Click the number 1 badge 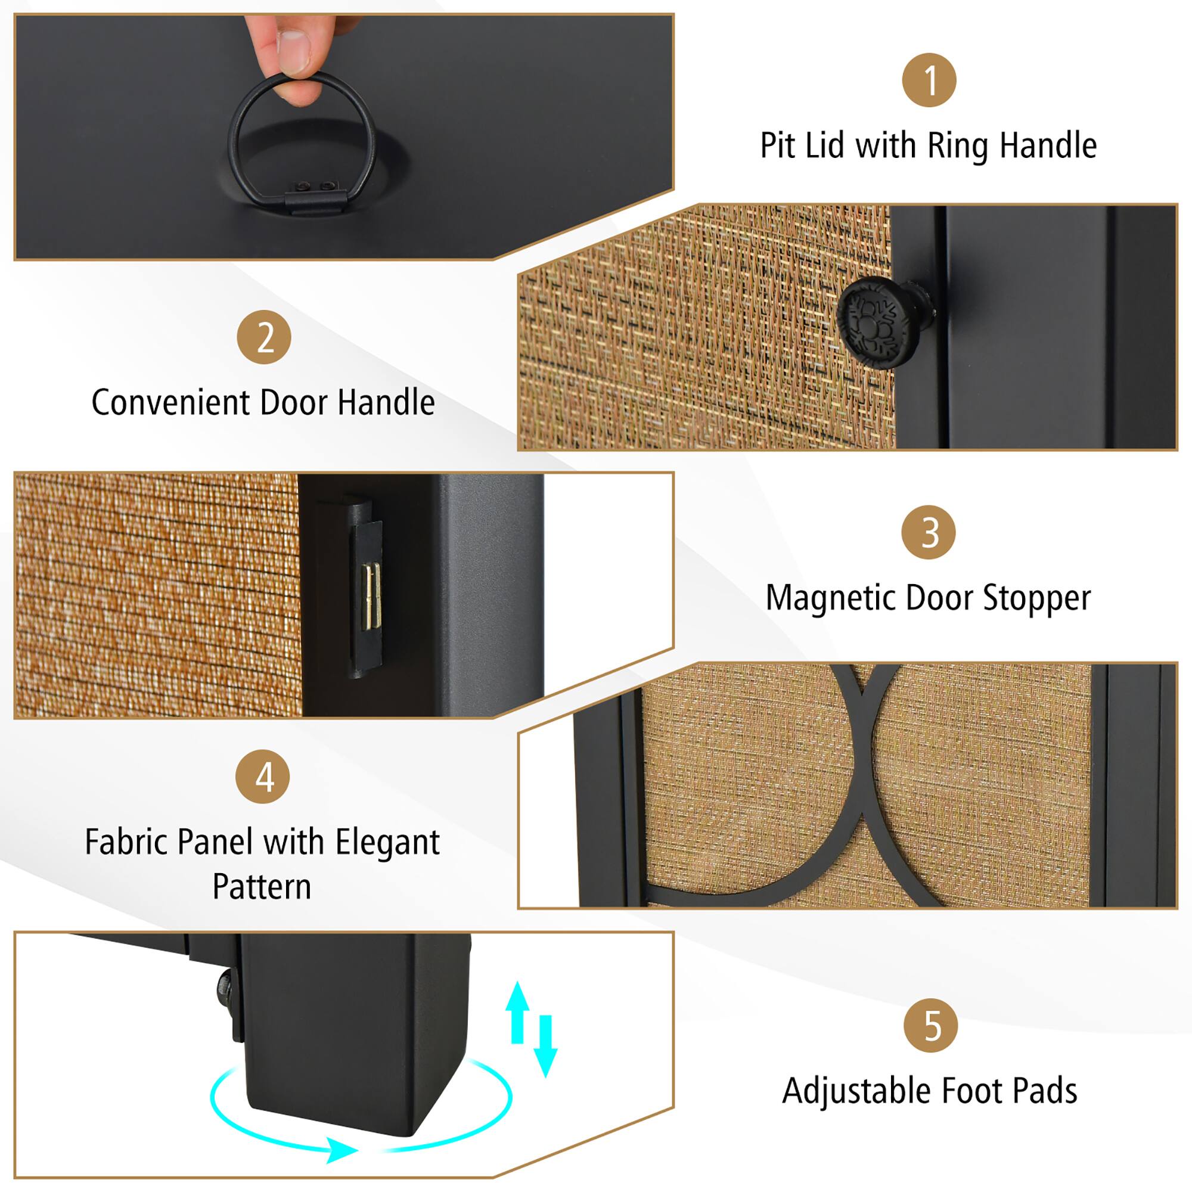point(929,80)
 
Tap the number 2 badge point(264,337)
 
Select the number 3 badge point(928,532)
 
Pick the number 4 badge point(263,777)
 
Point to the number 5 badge point(930,1025)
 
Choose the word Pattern point(262,887)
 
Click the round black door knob point(876,322)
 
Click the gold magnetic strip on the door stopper point(372,597)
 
